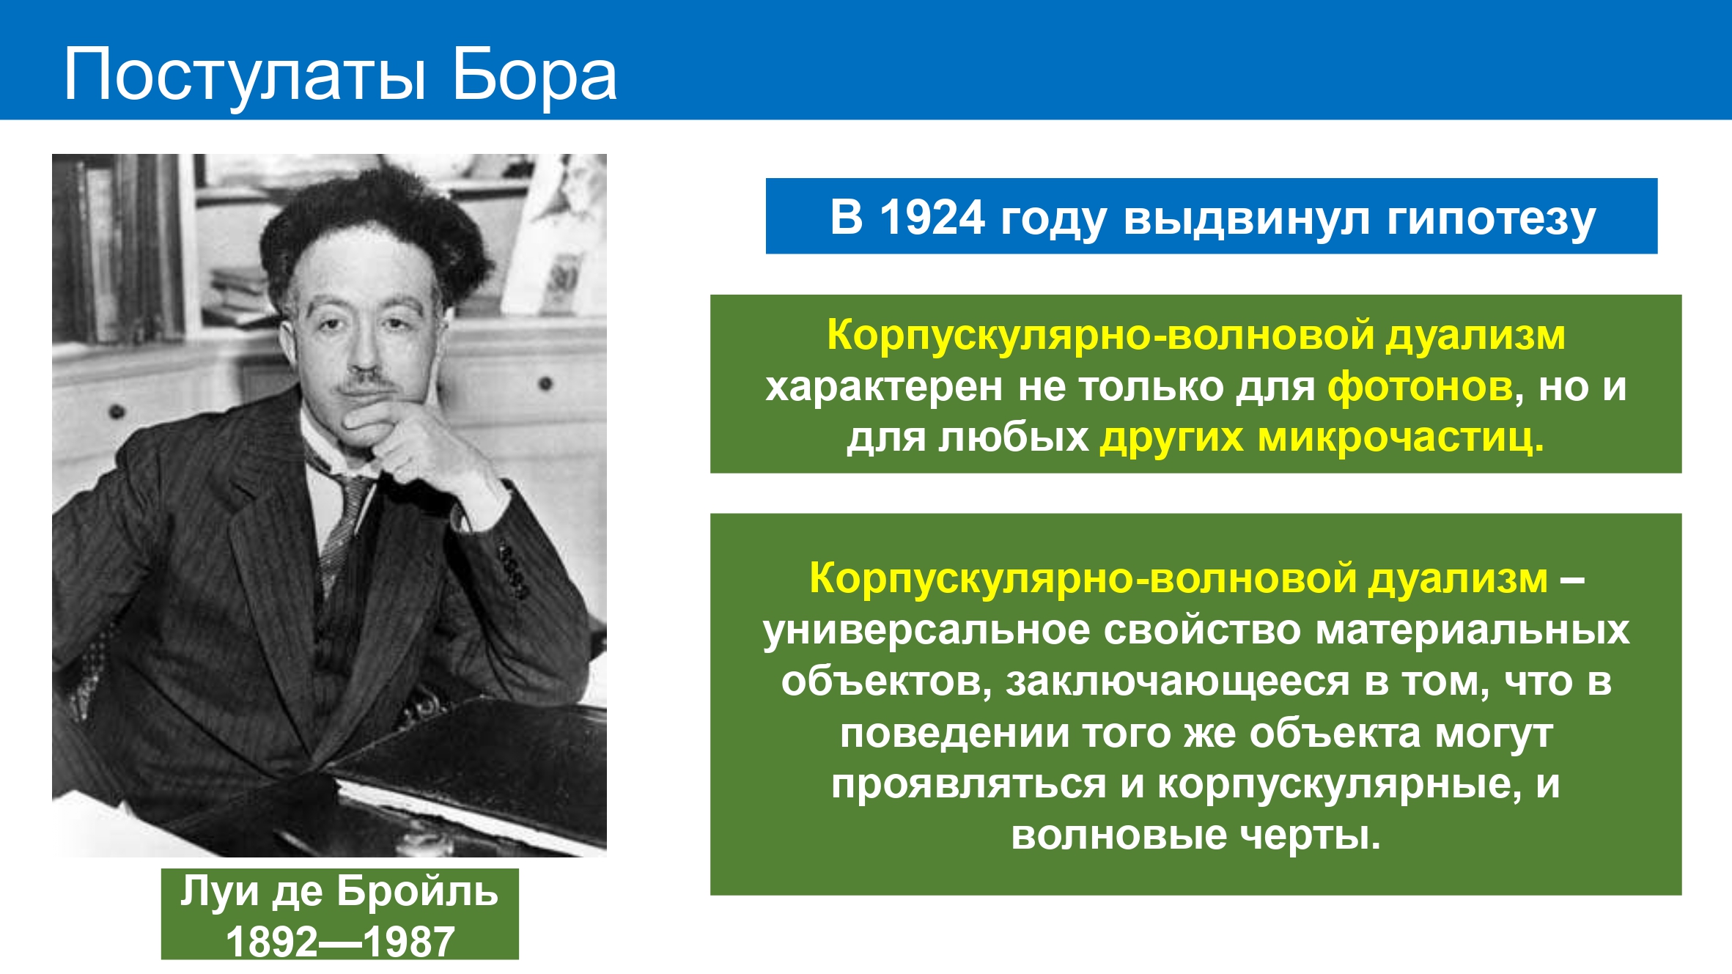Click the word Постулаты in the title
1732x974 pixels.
(x=245, y=75)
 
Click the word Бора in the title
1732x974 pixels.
(x=534, y=74)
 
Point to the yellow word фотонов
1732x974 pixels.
(x=1420, y=386)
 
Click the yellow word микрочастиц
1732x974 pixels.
(x=1400, y=438)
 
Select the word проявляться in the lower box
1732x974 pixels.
(x=968, y=785)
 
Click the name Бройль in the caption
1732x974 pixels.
(x=417, y=892)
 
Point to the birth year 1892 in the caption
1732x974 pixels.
(x=271, y=942)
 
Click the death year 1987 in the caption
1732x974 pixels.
(x=408, y=942)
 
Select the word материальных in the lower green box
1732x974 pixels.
(x=1473, y=631)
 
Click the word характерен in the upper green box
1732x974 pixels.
(x=883, y=388)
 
